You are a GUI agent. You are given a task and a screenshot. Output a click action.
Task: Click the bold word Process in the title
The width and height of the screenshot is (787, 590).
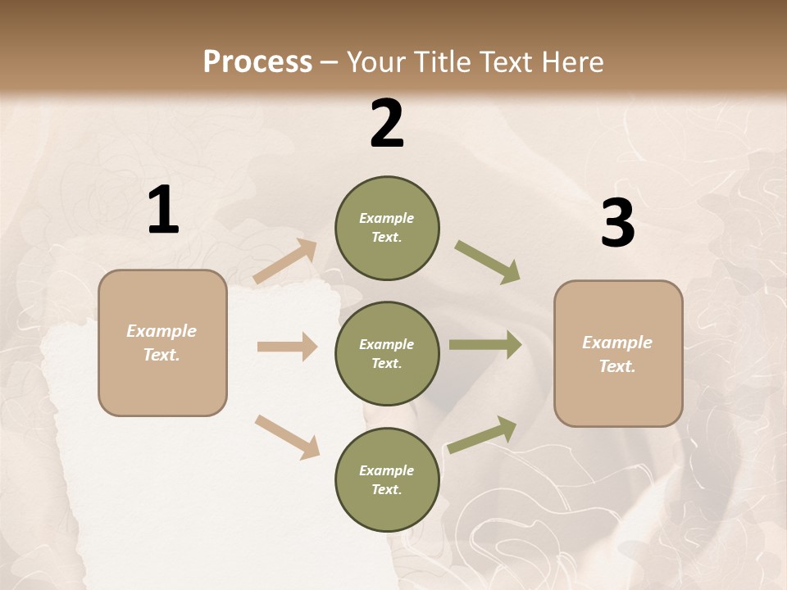[257, 61]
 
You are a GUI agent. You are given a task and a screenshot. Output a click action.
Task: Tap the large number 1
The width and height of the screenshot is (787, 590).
[163, 211]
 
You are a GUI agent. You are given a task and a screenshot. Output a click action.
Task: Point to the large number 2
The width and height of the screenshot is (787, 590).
[387, 125]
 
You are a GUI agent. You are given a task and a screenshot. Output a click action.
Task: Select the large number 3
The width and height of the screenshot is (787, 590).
[617, 224]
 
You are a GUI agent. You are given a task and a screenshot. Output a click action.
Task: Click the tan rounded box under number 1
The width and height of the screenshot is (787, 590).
[162, 343]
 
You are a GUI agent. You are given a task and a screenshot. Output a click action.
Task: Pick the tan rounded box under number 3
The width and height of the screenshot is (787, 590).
[618, 353]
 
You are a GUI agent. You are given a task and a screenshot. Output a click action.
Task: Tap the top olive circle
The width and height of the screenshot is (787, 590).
[387, 228]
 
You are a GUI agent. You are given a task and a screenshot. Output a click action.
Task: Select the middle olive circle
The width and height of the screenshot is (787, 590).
[387, 353]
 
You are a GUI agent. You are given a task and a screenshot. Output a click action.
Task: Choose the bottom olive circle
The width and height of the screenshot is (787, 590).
[387, 479]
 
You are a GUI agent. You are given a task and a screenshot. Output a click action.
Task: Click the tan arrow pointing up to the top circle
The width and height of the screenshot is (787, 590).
[285, 261]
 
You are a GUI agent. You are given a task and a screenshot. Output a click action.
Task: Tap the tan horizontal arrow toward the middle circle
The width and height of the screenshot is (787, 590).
[287, 347]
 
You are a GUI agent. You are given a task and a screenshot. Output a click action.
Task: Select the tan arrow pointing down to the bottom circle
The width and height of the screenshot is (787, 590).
[287, 437]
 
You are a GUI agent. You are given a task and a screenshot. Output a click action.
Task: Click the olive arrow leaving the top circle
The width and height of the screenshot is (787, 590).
[488, 262]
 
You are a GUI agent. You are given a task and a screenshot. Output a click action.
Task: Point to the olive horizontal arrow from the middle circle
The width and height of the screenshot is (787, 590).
[485, 345]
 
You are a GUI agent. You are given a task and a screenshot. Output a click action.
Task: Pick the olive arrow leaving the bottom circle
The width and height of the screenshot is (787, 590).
[483, 434]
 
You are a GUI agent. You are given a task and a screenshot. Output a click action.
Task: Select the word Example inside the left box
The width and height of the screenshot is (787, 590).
[161, 331]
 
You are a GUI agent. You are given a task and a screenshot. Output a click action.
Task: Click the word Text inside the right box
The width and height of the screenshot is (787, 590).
[617, 366]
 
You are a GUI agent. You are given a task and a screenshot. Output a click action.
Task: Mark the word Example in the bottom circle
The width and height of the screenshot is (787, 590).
[387, 470]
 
